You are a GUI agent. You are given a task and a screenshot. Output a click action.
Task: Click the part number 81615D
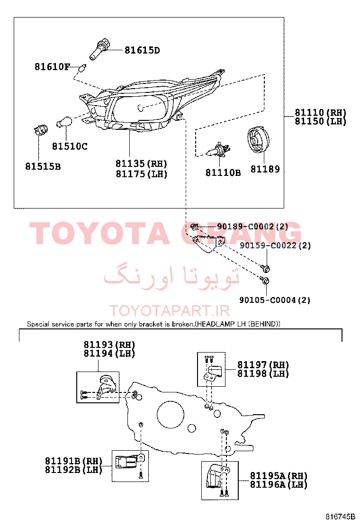pyautogui.click(x=142, y=50)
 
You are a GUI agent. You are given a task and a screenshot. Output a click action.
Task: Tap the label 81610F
pyautogui.click(x=52, y=66)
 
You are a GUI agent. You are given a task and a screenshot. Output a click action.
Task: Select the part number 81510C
pyautogui.click(x=70, y=146)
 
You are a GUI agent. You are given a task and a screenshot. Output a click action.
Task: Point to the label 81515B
pyautogui.click(x=43, y=166)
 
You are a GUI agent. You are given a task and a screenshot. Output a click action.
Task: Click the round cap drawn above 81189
pyautogui.click(x=258, y=140)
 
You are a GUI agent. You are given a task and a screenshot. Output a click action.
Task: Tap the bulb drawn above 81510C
pyautogui.click(x=64, y=122)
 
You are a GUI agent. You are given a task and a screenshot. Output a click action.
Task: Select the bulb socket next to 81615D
pyautogui.click(x=99, y=50)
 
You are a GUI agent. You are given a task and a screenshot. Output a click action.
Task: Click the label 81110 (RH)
pyautogui.click(x=320, y=113)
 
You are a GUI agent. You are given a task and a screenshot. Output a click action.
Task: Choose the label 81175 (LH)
pyautogui.click(x=141, y=174)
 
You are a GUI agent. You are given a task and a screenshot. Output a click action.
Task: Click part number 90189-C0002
pyautogui.click(x=245, y=227)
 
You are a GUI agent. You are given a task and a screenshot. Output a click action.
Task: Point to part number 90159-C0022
pyautogui.click(x=268, y=245)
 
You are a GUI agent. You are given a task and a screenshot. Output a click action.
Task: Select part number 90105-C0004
pyautogui.click(x=268, y=300)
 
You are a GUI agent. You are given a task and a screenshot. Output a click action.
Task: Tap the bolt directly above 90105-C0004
pyautogui.click(x=265, y=280)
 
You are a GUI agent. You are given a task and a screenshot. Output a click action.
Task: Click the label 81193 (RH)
pyautogui.click(x=109, y=345)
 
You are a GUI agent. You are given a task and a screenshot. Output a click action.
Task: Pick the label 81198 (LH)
pyautogui.click(x=263, y=373)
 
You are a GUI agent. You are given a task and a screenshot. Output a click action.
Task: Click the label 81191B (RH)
pyautogui.click(x=73, y=461)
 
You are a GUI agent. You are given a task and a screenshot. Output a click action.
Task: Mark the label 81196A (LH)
pyautogui.click(x=279, y=484)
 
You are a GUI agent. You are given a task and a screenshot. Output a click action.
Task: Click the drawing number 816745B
pyautogui.click(x=340, y=517)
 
